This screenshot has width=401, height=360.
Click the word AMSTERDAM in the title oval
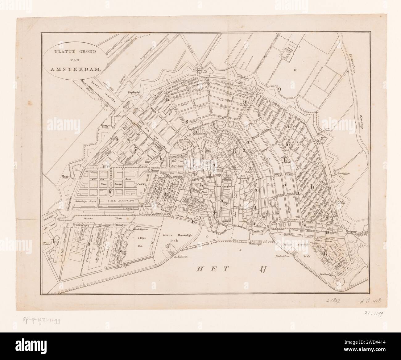pyautogui.click(x=74, y=70)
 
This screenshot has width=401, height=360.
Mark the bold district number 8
pyautogui.click(x=187, y=121)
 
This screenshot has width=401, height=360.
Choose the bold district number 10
pyautogui.click(x=287, y=144)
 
